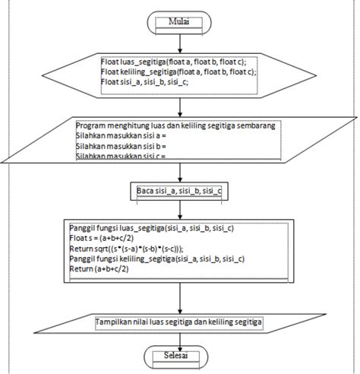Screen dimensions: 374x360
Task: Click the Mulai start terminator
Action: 179,21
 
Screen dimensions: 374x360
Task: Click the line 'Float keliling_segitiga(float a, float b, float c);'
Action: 178,71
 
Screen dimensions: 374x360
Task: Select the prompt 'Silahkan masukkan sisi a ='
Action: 121,135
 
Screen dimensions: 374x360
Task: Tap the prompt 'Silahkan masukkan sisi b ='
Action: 121,144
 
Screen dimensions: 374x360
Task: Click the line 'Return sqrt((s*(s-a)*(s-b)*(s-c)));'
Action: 137,249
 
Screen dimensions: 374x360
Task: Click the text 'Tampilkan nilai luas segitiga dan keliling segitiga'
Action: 179,323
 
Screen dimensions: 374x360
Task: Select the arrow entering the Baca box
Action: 180,172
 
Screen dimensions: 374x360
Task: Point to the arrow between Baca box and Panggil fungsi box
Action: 180,207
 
